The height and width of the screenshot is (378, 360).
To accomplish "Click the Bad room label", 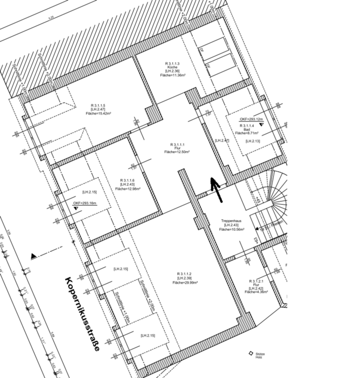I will click(x=247, y=129).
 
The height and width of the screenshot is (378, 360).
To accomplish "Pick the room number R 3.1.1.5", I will click(x=97, y=105).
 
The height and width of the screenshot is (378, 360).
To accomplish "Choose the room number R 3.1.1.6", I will click(x=127, y=180).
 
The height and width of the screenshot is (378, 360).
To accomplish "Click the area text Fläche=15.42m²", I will click(x=97, y=113).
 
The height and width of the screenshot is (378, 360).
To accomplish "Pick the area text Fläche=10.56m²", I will click(x=232, y=229).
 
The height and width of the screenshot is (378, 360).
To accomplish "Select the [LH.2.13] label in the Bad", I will click(x=253, y=141).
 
